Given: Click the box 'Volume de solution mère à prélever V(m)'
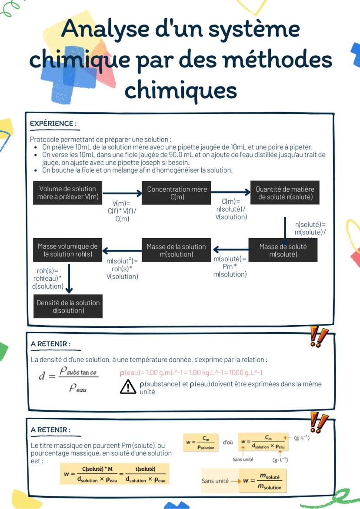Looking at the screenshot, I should (x=67, y=193).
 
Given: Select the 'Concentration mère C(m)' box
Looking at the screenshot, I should (x=177, y=193).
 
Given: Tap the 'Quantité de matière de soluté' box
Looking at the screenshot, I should (x=285, y=193).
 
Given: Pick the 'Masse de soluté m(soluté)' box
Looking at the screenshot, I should (x=283, y=250).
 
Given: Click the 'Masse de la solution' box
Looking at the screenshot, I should (x=176, y=250).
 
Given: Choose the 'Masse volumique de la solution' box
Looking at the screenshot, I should (x=67, y=250).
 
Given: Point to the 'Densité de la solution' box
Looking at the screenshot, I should (x=68, y=306).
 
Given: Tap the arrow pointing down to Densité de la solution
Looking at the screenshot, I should (x=70, y=278).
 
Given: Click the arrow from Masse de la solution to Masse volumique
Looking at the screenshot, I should (x=122, y=250).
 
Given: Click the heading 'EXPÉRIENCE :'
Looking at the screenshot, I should (x=53, y=123).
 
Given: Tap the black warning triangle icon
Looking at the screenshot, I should (x=128, y=386).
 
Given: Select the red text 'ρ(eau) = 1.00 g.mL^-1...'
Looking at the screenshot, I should (x=191, y=373).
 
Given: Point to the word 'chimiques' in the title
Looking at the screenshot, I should (x=180, y=90).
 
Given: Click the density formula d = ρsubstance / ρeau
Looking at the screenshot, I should (x=68, y=379).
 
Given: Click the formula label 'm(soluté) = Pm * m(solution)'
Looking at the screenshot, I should (x=230, y=266).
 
